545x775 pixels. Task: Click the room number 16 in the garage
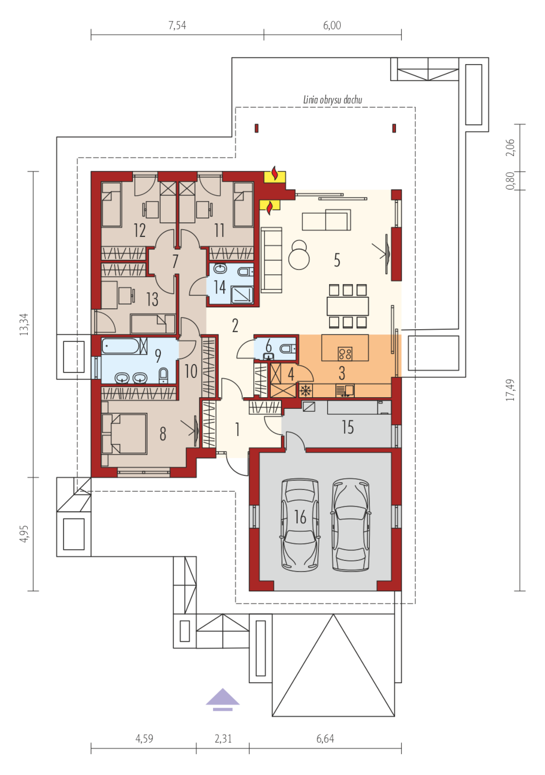pos(300,517)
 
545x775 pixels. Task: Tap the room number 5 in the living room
pos(337,260)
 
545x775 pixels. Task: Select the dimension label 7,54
pos(177,25)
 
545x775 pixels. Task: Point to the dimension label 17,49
pos(510,390)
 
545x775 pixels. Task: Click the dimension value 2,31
pos(223,739)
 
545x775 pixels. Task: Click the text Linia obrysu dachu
pos(333,100)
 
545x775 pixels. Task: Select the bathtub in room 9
pos(125,346)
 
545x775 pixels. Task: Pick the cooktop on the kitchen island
pos(345,354)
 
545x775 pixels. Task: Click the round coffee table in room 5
pos(299,259)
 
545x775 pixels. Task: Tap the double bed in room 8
pos(124,434)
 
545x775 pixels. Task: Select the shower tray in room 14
pos(242,295)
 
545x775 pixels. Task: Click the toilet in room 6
pos(288,348)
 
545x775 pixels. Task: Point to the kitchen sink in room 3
pos(345,390)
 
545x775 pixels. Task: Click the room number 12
pos(140,230)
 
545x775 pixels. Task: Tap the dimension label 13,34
pos(24,324)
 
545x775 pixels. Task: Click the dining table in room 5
pos(348,306)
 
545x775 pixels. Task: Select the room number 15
pos(348,427)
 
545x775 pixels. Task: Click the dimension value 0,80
pos(510,181)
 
